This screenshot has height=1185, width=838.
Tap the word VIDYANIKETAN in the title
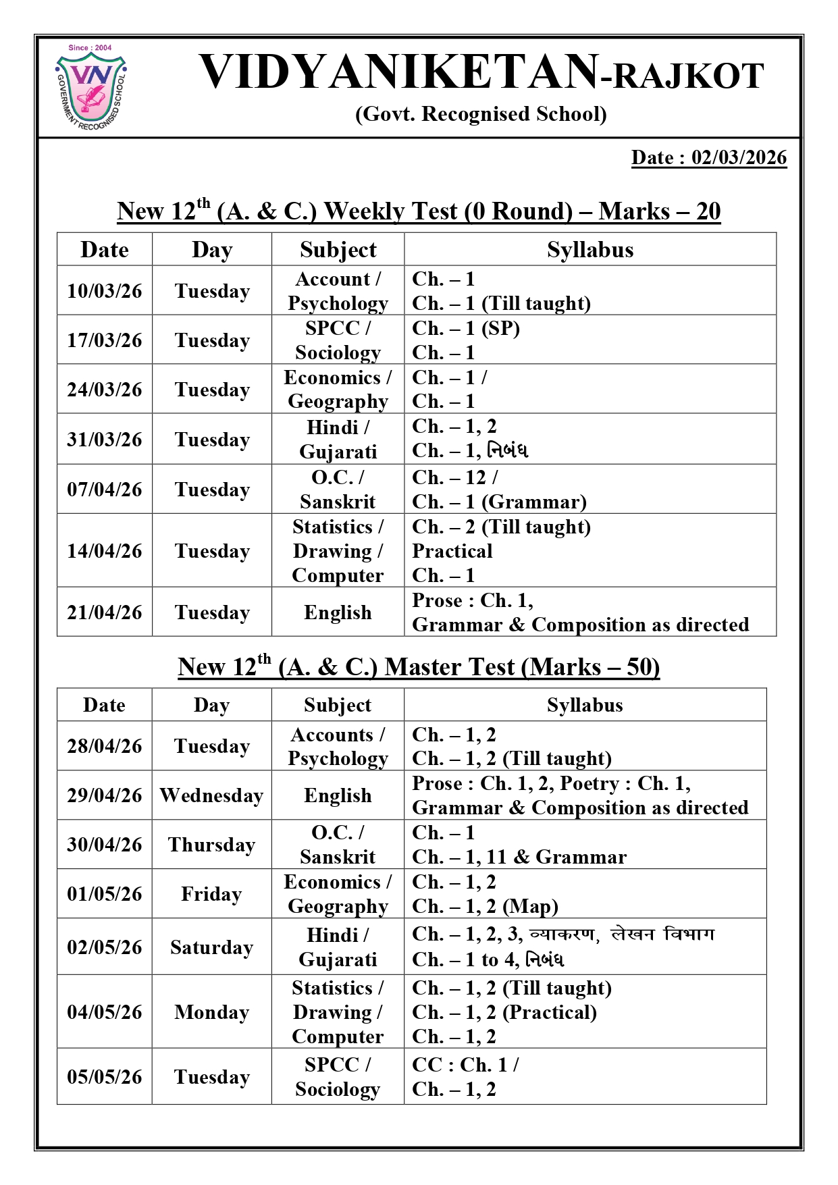click(399, 72)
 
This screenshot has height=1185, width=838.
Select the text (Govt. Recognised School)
click(481, 114)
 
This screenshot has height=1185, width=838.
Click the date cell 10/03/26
click(105, 291)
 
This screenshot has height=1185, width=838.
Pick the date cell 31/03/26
click(105, 440)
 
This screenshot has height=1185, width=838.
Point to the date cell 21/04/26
click(105, 612)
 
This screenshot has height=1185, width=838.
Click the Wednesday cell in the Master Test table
click(211, 795)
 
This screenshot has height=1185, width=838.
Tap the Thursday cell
click(211, 845)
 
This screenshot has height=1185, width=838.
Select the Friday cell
click(211, 894)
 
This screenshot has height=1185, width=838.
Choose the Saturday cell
click(211, 947)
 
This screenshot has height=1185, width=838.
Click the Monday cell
click(211, 1012)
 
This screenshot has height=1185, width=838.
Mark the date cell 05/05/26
click(105, 1077)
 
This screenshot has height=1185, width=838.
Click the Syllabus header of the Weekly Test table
click(590, 250)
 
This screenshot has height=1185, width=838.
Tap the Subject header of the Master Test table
click(338, 706)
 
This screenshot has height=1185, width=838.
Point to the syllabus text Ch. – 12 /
click(455, 477)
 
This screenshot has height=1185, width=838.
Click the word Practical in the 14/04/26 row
click(452, 551)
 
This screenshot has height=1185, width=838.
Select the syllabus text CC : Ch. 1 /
click(465, 1065)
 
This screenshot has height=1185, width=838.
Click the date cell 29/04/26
click(105, 795)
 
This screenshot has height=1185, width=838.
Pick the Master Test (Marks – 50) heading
click(419, 667)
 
